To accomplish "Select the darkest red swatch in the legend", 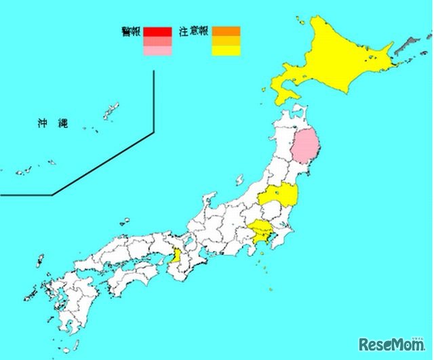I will (x=158, y=31).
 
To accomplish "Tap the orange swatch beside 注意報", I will (x=226, y=31).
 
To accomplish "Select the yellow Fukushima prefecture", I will (x=279, y=197).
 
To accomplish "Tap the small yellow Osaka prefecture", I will (x=176, y=256).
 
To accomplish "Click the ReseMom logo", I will (x=393, y=342).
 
